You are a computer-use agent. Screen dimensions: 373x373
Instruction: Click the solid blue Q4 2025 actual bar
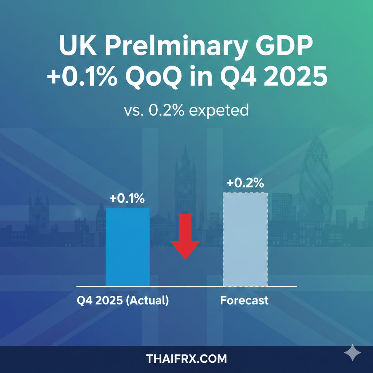point(127,247)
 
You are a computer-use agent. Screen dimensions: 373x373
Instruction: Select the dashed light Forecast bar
point(245,239)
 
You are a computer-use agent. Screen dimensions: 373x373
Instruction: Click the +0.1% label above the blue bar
point(127,199)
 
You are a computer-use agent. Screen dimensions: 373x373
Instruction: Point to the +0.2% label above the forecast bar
point(245,183)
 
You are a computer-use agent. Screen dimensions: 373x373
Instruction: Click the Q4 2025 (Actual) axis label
point(123,301)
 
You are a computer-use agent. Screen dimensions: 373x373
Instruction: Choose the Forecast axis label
point(244,301)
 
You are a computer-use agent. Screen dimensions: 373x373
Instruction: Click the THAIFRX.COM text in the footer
point(186,359)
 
